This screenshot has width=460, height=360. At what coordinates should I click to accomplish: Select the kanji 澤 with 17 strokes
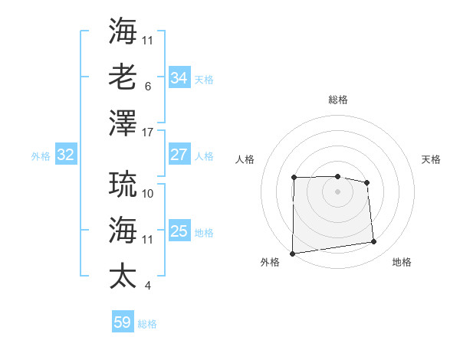tap(123, 121)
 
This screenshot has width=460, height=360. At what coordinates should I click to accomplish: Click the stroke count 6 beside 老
tap(147, 87)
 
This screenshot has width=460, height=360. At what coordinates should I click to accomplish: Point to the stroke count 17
tap(148, 132)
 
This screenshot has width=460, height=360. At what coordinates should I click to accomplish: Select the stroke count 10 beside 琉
tap(148, 194)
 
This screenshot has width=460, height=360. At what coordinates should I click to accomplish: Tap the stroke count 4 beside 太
tap(147, 286)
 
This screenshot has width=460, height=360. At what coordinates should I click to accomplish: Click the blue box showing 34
tap(179, 77)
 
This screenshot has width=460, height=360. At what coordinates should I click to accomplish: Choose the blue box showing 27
tap(179, 155)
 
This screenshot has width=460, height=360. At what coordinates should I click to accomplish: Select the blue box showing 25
tap(179, 231)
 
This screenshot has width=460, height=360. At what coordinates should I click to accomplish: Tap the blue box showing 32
tap(65, 155)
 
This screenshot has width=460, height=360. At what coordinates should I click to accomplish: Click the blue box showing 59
tap(122, 322)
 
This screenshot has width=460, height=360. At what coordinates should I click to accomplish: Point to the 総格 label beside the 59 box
tap(147, 324)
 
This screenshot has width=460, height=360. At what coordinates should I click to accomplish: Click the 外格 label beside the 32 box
tap(41, 156)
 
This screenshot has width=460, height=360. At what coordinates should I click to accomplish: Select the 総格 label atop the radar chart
tap(337, 100)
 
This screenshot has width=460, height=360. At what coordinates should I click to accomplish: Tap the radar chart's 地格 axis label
tap(402, 262)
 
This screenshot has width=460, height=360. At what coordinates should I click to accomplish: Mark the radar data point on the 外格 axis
tap(292, 253)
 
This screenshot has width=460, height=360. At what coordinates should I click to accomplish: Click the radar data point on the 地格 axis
tap(374, 242)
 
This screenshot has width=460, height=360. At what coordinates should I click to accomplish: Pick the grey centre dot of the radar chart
tap(337, 191)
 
